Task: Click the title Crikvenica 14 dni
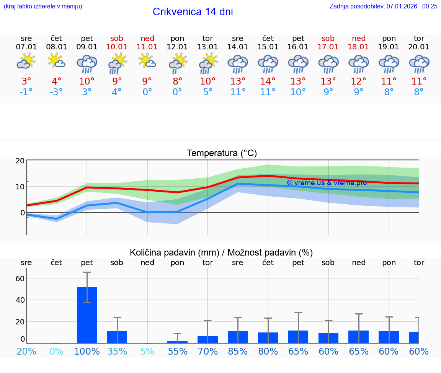pos(193,12)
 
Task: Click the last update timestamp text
pos(383,6)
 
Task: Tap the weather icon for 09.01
pos(87,64)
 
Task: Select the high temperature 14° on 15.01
pos(268,81)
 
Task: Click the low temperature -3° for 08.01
pos(56,92)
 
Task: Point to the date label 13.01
pos(207,47)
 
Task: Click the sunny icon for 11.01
pos(147,61)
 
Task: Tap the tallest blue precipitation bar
pos(87,314)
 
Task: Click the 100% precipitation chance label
pos(87,351)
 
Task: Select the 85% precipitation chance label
pos(238,351)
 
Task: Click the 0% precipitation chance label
pos(56,351)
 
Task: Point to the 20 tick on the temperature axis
pos(20,161)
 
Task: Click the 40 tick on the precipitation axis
pos(20,300)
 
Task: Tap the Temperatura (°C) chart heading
pos(222,153)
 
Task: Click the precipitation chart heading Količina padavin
pos(221,252)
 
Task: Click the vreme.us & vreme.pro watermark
pos(327,182)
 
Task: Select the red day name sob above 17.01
pos(328,38)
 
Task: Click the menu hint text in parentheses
pos(42,6)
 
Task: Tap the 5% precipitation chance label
pos(147,351)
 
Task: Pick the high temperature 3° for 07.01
pos(26,81)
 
